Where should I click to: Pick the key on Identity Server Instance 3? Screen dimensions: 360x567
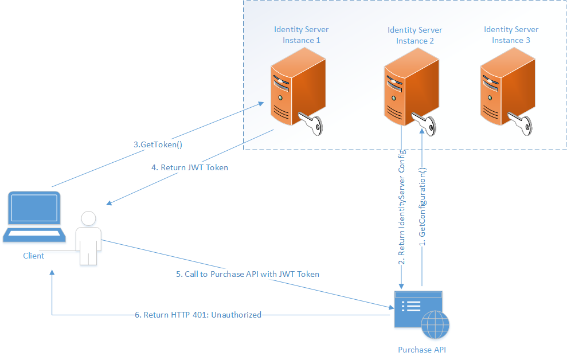pos(521,123)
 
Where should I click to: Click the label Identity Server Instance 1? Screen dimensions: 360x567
pos(301,35)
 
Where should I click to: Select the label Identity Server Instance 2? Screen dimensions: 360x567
pos(415,36)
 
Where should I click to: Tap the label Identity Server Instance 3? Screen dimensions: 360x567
pos(511,35)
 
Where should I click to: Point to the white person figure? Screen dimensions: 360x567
pos(88,238)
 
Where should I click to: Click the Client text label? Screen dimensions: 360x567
pos(33,256)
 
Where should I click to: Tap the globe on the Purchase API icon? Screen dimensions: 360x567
pos(435,326)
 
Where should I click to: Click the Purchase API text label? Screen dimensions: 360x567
pos(421,349)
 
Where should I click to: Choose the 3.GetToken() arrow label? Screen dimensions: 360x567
pos(158,145)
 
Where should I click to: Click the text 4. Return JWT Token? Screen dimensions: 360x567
pos(189,168)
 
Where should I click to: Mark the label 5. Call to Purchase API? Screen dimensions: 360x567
pos(247,275)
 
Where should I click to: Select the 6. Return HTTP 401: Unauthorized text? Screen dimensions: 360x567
pos(198,315)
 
